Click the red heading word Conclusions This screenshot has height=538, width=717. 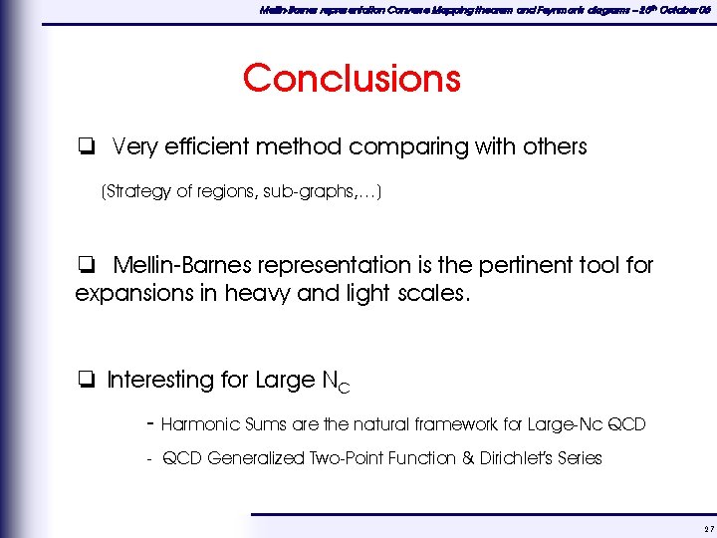352,78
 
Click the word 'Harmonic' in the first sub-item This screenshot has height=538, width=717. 199,424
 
